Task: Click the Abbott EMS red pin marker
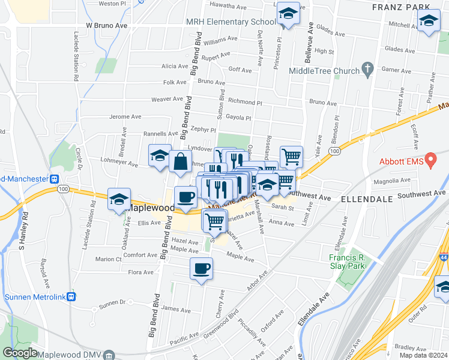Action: pos(430,161)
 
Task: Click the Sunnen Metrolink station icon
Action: pos(71,296)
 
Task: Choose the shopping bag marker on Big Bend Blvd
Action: pos(180,162)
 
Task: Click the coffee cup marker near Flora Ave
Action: pos(201,268)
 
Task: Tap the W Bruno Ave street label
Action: pos(107,26)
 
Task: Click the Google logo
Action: pos(20,353)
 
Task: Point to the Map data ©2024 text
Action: pos(423,355)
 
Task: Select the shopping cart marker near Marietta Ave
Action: pos(214,221)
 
